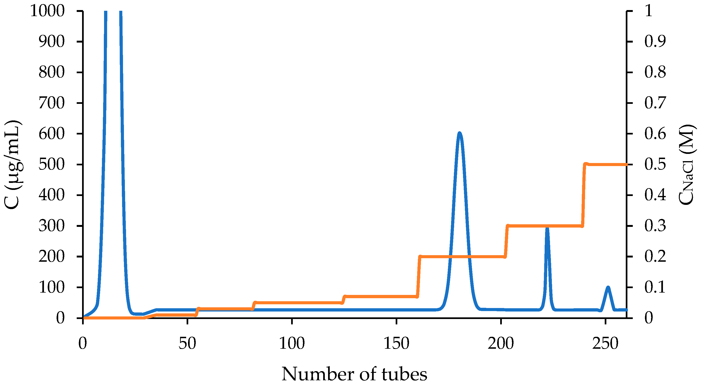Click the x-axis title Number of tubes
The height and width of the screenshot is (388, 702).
point(354,374)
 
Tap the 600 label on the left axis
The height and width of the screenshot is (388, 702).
point(52,134)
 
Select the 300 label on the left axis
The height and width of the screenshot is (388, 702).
point(52,226)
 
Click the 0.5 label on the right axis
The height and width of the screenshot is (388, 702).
point(655,164)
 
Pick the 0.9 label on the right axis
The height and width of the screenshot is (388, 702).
point(655,41)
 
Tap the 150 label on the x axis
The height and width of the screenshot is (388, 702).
point(396,343)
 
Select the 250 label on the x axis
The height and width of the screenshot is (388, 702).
point(605,343)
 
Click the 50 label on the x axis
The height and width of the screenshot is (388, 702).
point(187,343)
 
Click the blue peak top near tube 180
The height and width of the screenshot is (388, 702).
point(460,133)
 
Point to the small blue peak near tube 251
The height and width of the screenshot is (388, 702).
point(608,287)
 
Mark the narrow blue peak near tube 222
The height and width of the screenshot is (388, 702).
point(547,228)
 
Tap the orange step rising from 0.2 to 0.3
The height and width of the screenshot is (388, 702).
point(506,241)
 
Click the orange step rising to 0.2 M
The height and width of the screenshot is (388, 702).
point(419,277)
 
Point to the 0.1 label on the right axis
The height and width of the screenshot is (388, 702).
point(655,287)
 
